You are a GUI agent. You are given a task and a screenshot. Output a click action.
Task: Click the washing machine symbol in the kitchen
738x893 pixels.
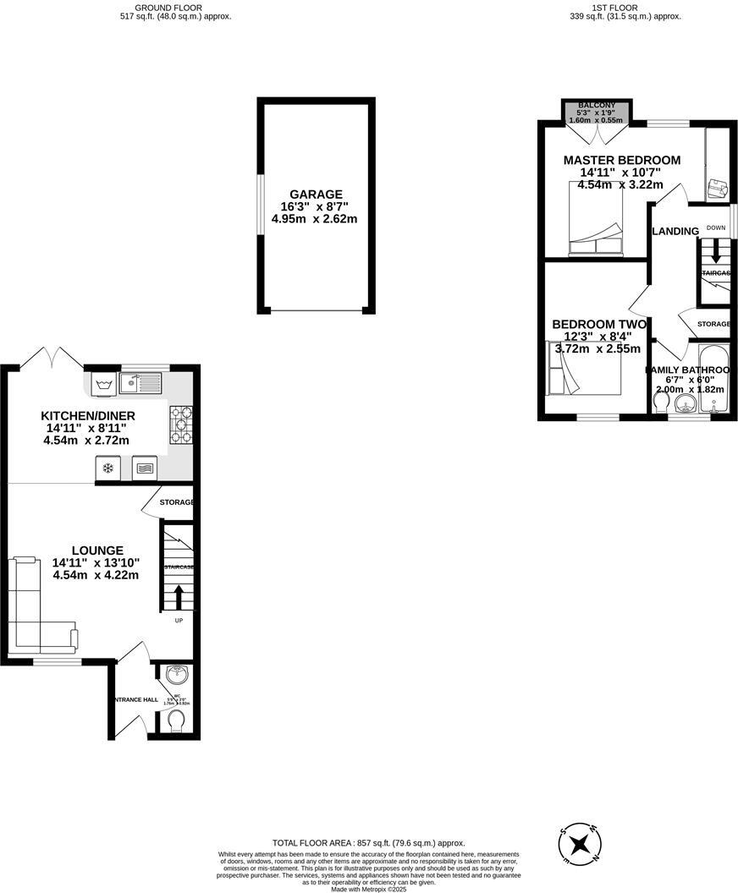click(x=104, y=385)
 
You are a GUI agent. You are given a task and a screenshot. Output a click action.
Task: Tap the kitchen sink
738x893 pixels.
click(x=140, y=384)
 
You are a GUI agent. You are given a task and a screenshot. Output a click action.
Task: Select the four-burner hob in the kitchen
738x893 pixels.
click(x=181, y=425)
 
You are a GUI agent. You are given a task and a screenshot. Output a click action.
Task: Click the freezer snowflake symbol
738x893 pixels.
click(x=107, y=468)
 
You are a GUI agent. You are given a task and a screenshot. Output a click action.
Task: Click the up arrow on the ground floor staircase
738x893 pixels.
click(x=178, y=596)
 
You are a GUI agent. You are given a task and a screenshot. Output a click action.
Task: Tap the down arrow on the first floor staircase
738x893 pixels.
click(x=715, y=251)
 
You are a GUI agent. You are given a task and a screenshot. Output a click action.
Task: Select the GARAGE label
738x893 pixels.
click(x=316, y=194)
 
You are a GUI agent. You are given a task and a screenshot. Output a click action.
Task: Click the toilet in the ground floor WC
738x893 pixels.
click(x=176, y=721)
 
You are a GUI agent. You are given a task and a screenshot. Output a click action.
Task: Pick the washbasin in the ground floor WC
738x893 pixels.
click(x=177, y=676)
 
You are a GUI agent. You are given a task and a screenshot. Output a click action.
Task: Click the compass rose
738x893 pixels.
click(x=581, y=843)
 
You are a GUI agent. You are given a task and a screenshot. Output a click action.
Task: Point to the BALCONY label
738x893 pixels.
click(x=598, y=105)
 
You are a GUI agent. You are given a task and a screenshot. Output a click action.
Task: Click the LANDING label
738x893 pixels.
click(x=675, y=232)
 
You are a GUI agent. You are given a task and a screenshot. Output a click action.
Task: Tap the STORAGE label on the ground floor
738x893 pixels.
click(x=178, y=502)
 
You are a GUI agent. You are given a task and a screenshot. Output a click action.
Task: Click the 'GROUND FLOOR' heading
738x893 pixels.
click(x=175, y=7)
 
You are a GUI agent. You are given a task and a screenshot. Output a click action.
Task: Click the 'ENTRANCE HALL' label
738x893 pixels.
click(x=135, y=700)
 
